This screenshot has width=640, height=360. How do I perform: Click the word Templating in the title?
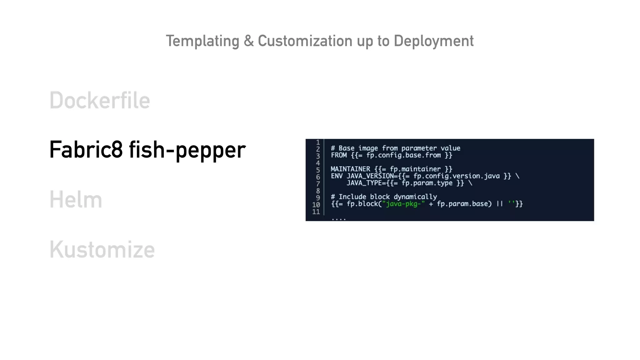point(202,41)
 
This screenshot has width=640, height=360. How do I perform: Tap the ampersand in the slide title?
point(249,41)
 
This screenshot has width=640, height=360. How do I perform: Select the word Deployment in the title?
point(433,41)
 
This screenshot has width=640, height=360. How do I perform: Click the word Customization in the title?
point(305,41)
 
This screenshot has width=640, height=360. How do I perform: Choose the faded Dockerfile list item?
point(100,101)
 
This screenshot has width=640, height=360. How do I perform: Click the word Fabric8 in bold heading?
point(86,150)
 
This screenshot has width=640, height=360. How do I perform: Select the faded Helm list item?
point(76,200)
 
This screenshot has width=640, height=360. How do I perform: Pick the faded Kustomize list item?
point(102,249)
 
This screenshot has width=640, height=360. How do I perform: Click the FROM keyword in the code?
point(339,155)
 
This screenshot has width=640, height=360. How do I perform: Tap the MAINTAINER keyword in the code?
point(350,169)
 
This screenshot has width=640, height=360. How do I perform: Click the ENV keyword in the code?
point(337,176)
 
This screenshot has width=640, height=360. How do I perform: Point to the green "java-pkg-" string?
point(403,204)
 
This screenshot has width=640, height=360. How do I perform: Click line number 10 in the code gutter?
point(316,205)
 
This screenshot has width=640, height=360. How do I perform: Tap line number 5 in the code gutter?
point(318,170)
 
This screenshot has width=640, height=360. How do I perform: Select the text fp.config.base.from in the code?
point(403,155)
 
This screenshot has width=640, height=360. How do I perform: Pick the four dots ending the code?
point(338,219)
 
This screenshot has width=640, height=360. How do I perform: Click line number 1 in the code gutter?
point(318,142)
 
